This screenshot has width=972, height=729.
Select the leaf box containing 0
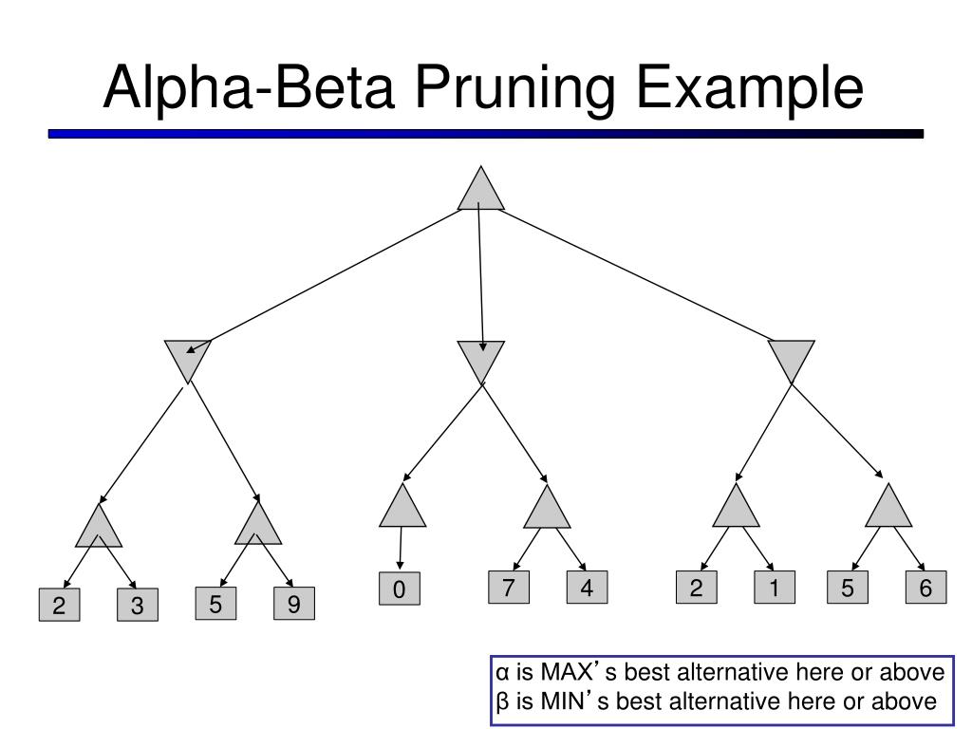pos(400,589)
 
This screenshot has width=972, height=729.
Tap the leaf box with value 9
pos(294,603)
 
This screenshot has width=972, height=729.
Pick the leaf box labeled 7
pos(509,587)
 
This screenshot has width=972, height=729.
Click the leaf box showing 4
pos(587,587)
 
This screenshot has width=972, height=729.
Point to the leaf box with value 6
pos(926,587)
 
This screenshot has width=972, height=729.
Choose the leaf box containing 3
pos(138,605)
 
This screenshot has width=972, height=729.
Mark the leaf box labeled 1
pos(775,587)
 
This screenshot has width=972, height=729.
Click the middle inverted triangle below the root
pos(481,357)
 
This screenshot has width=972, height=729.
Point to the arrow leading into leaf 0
pos(401,548)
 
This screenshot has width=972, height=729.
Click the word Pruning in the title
pos(514,88)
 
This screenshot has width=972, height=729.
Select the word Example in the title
pos(750,88)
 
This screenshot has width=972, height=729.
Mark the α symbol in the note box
pos(503,673)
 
